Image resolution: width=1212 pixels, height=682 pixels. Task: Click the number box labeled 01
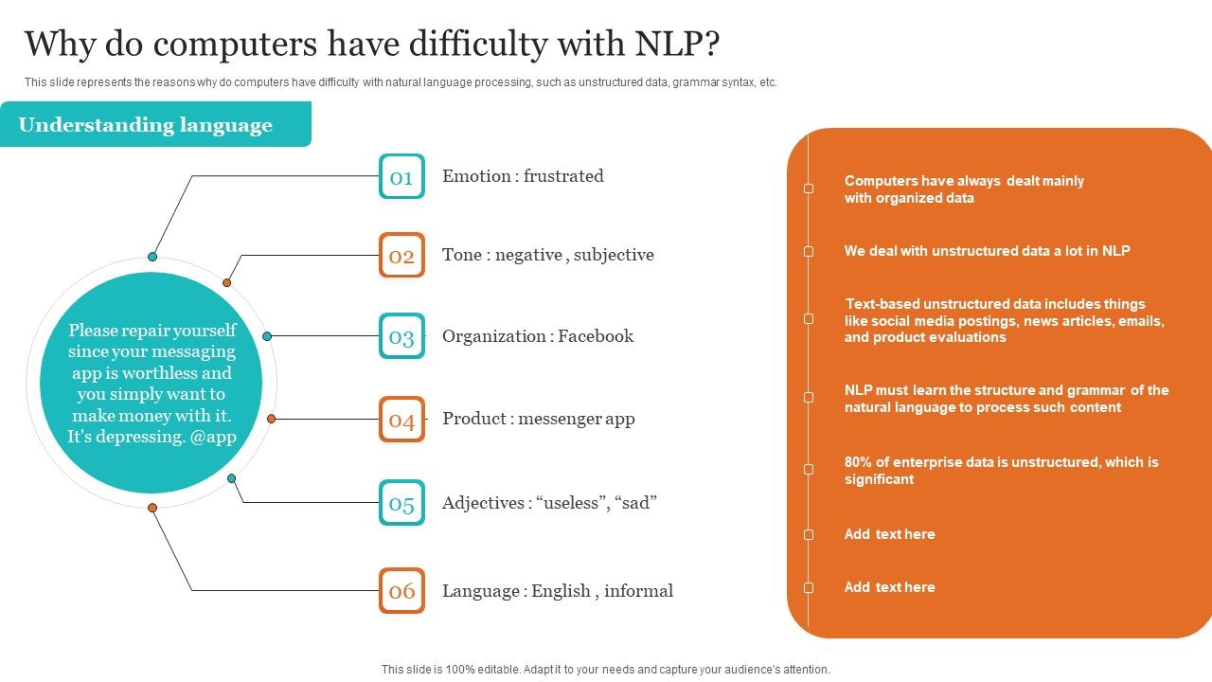(x=401, y=176)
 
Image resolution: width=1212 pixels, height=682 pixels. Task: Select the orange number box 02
(x=401, y=256)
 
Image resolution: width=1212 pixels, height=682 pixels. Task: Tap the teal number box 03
(x=401, y=336)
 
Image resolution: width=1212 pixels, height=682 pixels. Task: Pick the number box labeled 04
(x=401, y=420)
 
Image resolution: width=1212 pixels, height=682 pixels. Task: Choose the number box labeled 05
(x=401, y=503)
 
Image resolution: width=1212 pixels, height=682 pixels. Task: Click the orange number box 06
(x=401, y=591)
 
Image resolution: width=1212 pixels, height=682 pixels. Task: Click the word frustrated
(x=563, y=176)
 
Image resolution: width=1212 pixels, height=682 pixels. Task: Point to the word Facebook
(x=596, y=336)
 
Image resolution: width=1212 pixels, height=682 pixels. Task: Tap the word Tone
(x=462, y=255)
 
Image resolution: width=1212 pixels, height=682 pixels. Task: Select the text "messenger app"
(x=577, y=419)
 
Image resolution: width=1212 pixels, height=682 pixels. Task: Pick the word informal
(x=638, y=591)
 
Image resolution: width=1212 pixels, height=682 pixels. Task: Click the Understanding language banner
(x=146, y=125)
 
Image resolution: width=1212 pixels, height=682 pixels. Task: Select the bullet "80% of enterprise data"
(x=1001, y=471)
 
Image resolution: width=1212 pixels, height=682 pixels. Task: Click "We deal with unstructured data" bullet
(x=987, y=251)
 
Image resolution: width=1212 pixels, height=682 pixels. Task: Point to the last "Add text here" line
(x=889, y=587)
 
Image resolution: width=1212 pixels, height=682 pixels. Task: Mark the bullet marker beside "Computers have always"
(x=809, y=188)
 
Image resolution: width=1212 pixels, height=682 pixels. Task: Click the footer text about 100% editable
(x=605, y=669)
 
